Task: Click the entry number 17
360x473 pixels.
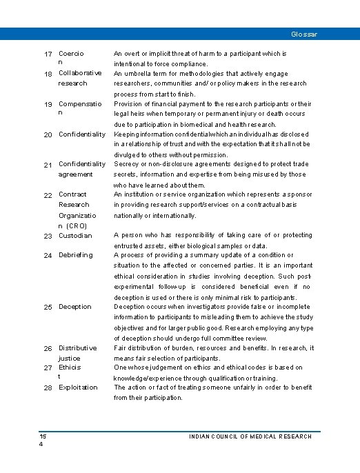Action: coord(48,54)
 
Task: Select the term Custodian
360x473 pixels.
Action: coord(75,236)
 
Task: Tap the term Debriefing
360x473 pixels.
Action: coord(75,255)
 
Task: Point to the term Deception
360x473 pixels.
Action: coord(75,307)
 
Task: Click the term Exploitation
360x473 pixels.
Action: coord(78,388)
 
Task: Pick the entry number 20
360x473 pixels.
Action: coord(48,134)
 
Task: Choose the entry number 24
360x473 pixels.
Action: coord(48,256)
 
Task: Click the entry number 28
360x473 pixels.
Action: coord(48,388)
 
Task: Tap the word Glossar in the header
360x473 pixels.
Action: coord(304,34)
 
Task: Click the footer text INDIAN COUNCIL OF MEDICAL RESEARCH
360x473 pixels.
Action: coord(250,436)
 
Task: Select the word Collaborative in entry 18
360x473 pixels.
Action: coord(80,73)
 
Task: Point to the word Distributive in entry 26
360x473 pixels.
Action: coord(77,348)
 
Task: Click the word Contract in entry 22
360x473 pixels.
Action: coord(72,195)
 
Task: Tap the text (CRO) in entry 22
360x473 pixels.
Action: coord(77,225)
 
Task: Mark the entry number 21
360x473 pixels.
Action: coord(48,165)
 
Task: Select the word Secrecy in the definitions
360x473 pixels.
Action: coord(127,164)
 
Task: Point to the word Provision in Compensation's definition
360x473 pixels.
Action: coord(129,103)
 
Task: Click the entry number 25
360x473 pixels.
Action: coord(48,307)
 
